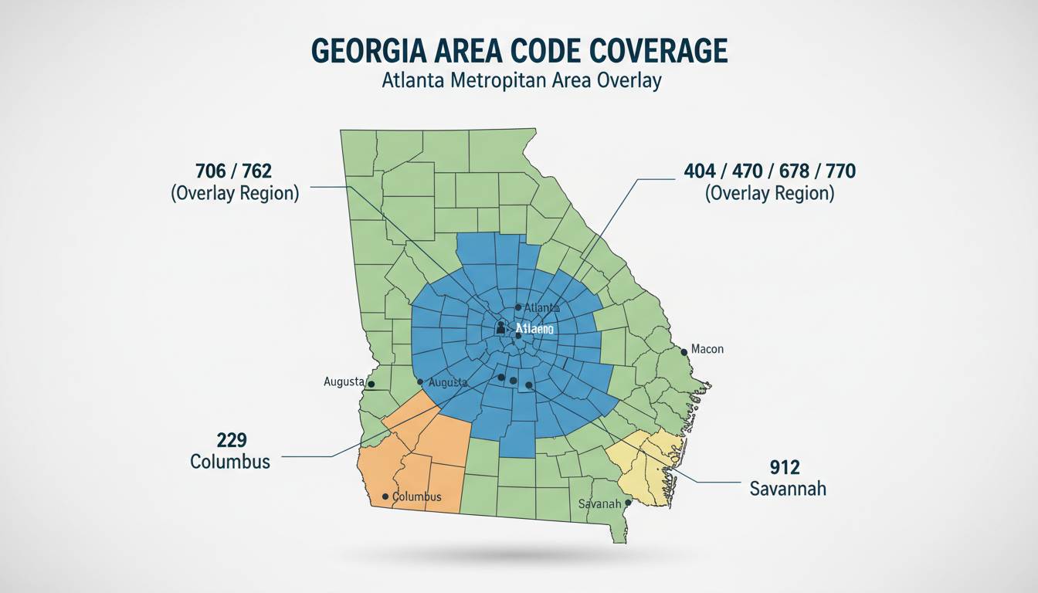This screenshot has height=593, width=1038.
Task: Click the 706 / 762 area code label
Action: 234,170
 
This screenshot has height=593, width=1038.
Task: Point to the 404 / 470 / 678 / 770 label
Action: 769,170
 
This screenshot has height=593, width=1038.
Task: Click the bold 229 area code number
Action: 231,440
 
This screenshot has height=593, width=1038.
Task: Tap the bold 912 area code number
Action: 785,466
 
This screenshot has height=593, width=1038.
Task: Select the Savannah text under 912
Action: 788,489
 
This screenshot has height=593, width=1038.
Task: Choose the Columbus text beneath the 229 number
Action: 230,462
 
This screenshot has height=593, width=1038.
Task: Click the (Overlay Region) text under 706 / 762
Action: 234,192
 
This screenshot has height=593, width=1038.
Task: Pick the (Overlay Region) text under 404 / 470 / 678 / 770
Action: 769,192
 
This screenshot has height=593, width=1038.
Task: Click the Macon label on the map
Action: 707,349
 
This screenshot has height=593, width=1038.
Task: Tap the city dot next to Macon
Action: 684,351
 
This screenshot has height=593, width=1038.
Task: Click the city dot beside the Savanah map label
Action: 629,502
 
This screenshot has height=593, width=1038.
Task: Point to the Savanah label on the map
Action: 600,503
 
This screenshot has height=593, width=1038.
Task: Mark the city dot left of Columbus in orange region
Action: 385,496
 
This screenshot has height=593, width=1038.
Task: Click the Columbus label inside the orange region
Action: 417,496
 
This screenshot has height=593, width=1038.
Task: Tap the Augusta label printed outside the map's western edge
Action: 344,381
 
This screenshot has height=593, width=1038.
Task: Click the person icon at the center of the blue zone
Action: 500,328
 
